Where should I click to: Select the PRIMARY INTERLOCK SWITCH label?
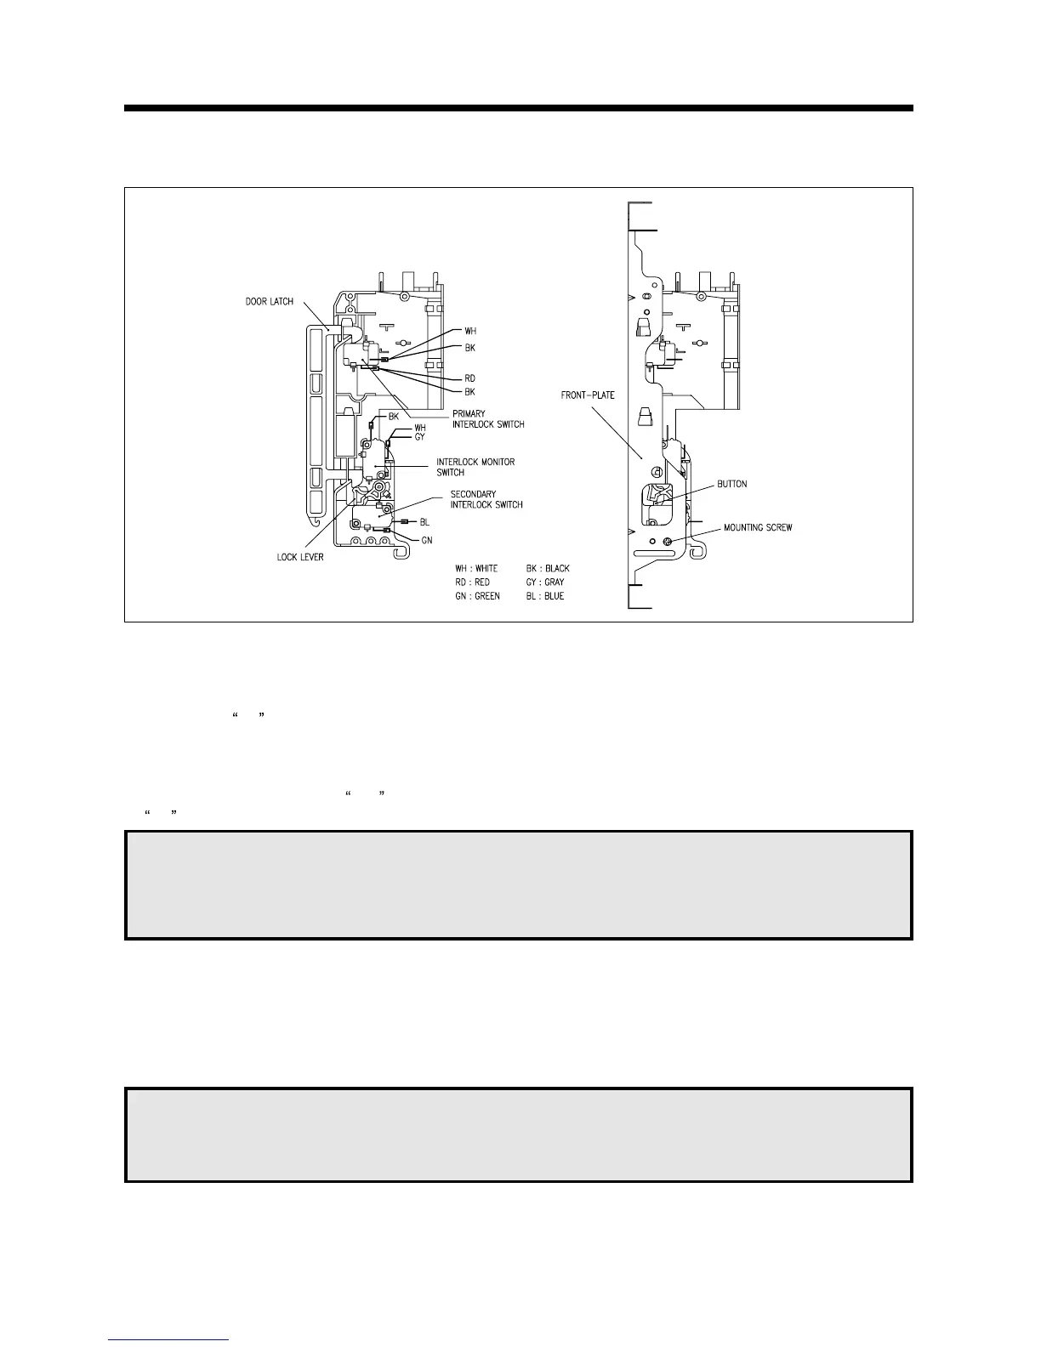[488, 419]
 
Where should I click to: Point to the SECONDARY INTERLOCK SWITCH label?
[486, 499]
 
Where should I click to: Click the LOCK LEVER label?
[300, 558]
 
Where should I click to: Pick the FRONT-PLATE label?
[588, 395]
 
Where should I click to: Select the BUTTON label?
[731, 484]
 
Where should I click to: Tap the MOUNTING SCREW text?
[758, 528]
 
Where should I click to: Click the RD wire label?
[469, 378]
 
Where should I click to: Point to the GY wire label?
[419, 437]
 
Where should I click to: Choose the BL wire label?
[424, 522]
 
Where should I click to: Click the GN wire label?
[427, 540]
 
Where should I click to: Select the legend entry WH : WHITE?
[476, 568]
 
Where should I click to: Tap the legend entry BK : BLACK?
[548, 568]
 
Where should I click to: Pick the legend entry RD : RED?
[472, 583]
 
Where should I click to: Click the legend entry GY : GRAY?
[545, 583]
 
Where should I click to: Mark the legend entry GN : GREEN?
[477, 597]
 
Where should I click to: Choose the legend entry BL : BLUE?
[544, 597]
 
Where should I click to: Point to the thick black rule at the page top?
[519, 108]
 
